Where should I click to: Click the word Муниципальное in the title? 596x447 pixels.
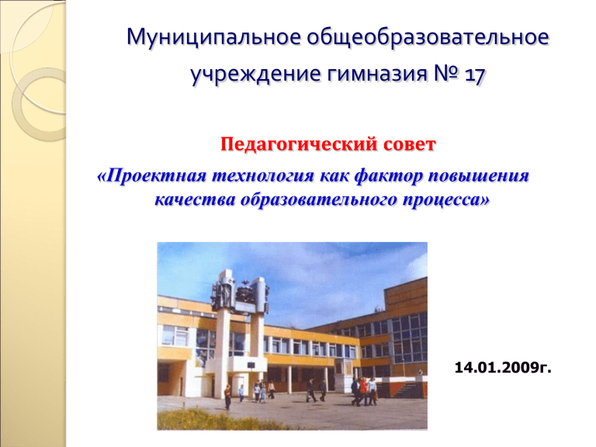click(213, 37)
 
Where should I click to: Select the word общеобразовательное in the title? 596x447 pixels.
click(428, 37)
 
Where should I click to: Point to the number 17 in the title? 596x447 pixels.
click(474, 74)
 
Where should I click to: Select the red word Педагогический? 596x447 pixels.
click(299, 145)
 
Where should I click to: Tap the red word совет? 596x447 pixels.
click(410, 145)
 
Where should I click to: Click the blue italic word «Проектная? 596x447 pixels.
click(151, 176)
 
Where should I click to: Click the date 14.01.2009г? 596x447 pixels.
click(503, 368)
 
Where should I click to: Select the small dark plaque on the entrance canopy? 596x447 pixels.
click(251, 366)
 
